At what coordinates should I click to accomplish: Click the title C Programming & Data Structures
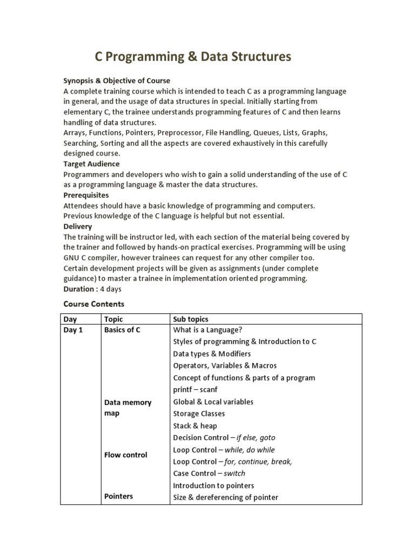193,57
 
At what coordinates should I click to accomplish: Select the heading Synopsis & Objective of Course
117,81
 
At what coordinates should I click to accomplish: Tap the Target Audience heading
91,164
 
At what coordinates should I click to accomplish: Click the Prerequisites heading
86,195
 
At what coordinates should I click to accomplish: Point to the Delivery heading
78,226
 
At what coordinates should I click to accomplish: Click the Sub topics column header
191,319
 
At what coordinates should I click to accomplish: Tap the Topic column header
113,319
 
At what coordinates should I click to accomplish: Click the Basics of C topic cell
122,330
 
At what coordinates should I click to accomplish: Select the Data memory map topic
128,408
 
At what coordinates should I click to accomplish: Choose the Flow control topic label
125,455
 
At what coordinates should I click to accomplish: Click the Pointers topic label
118,496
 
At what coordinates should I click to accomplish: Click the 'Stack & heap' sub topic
195,426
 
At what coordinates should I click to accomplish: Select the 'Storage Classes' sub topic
199,414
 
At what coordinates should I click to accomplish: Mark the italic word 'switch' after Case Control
235,473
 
